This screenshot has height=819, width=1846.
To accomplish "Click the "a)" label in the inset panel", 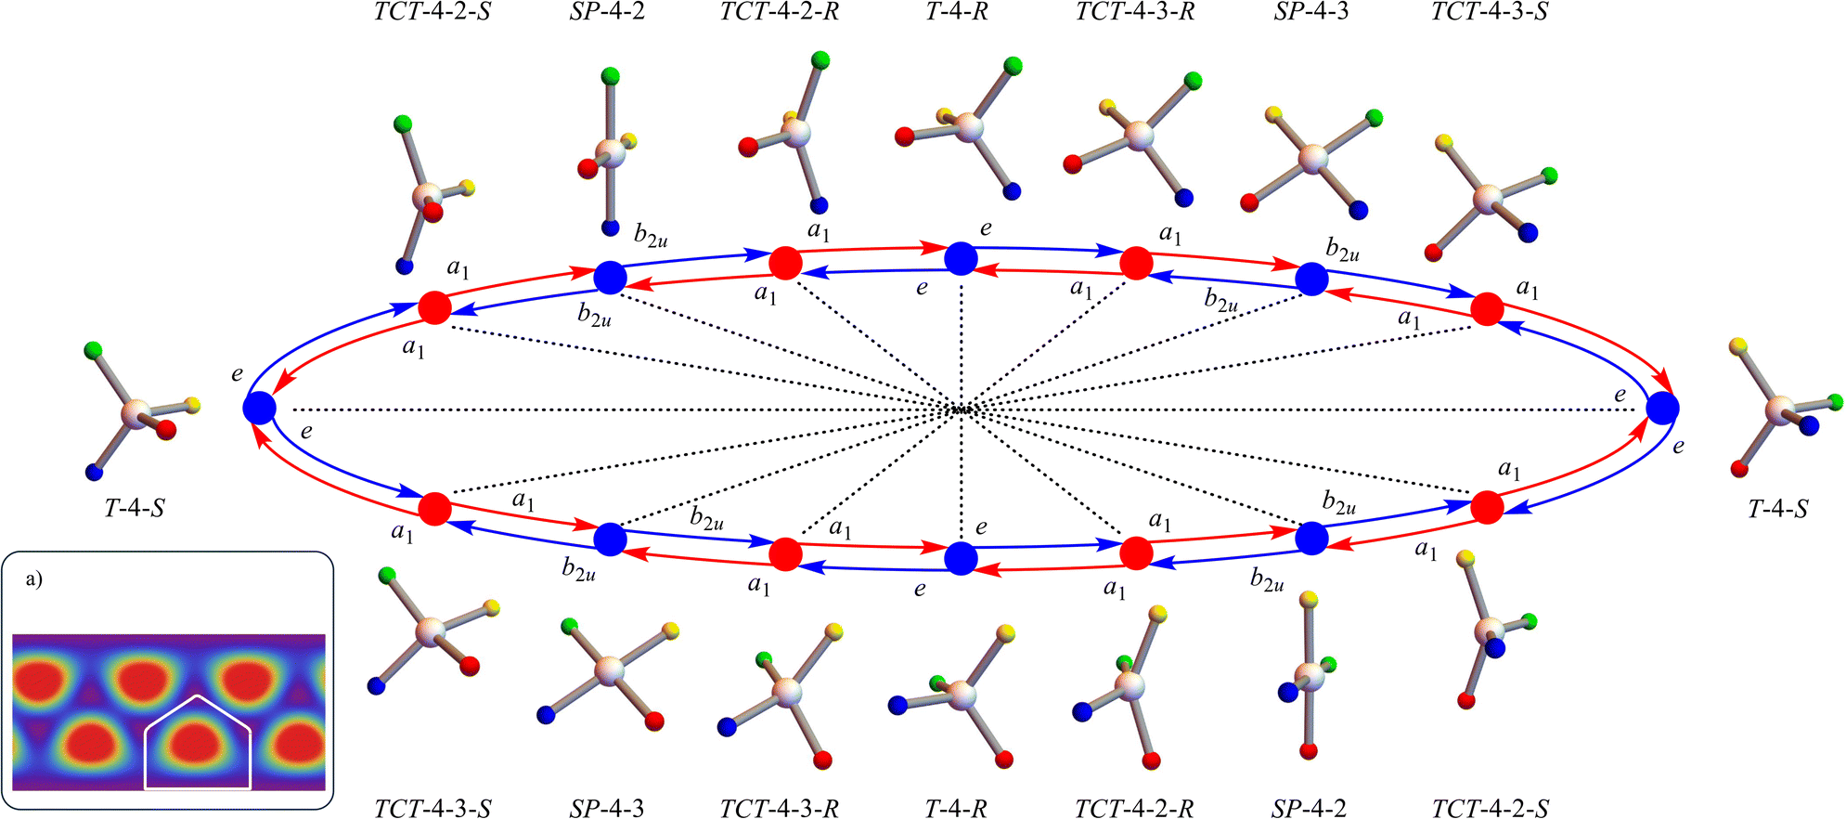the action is point(33,580).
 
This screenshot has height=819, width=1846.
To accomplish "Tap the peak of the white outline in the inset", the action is point(198,695).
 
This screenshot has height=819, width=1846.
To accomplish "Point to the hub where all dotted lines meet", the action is point(962,409).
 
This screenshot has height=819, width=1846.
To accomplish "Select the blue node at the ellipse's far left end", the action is point(259,408).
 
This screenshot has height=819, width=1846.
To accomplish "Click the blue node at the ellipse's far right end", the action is point(1662,408).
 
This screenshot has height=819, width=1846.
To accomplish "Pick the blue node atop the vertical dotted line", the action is point(961,258).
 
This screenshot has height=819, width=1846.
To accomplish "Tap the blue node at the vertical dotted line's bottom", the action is point(961,558).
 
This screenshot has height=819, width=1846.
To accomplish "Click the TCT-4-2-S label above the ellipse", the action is point(432,12).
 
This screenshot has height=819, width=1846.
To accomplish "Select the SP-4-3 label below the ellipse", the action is point(607,808).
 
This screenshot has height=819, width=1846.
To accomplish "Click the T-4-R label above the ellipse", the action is point(957,12).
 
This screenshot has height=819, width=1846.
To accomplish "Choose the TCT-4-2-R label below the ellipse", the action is point(1134,808).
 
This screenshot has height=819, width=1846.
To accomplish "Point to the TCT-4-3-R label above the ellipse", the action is point(1135,12).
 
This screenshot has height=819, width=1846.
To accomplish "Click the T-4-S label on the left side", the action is point(135,508).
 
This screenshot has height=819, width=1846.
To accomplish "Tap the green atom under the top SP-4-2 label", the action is point(610,75).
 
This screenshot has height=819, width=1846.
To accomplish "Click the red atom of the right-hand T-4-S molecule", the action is point(1738,470).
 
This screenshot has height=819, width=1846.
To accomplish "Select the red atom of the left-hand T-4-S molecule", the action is point(166,429).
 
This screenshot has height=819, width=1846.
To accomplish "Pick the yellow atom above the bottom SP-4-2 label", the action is point(1309,600).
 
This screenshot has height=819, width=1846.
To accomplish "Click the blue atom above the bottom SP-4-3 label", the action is point(546,715).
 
